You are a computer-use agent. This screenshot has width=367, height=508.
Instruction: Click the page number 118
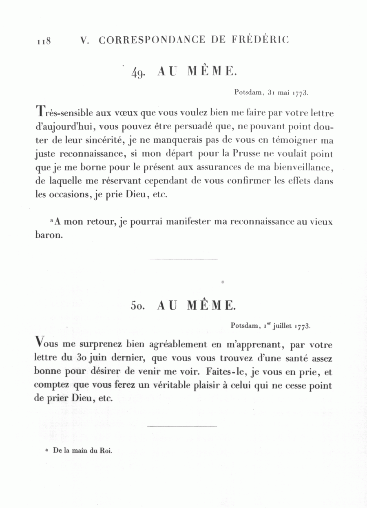click(x=43, y=41)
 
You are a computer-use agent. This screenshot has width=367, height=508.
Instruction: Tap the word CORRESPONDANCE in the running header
click(x=152, y=40)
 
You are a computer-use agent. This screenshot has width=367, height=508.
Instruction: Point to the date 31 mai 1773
click(x=288, y=93)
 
